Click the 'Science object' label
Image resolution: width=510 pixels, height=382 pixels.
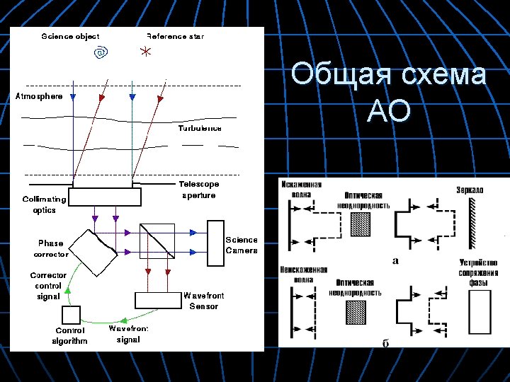point(70,36)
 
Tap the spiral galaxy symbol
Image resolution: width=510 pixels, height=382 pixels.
point(102,52)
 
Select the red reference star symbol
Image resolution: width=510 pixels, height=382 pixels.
point(145,52)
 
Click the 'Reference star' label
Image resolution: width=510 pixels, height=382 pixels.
point(175,36)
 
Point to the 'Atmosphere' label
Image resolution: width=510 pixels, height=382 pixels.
point(39,96)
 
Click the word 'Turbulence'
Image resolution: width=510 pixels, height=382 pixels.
point(199,129)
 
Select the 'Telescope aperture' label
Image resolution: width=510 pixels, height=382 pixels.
point(199,190)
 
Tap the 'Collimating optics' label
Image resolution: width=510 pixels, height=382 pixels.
point(44,204)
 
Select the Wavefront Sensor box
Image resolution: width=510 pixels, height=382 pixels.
point(158,300)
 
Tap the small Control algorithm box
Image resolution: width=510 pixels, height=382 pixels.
point(72,315)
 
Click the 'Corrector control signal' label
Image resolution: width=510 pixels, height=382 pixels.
point(48,286)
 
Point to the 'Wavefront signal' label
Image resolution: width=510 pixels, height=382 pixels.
point(128,334)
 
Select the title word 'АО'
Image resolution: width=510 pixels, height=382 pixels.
point(389,112)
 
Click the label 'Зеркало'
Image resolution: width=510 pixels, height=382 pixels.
point(470,190)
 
